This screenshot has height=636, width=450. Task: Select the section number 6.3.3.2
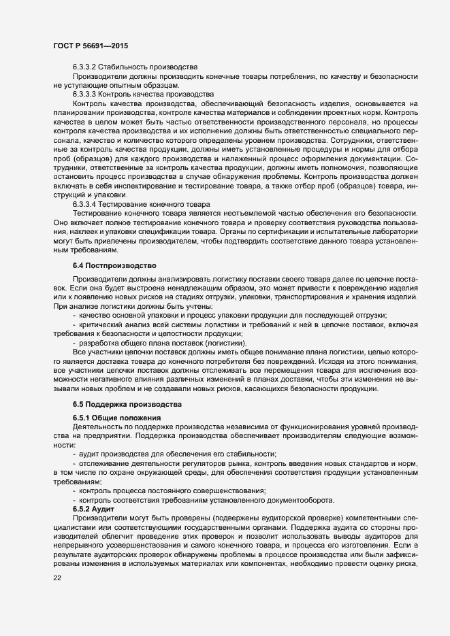(x=86, y=67)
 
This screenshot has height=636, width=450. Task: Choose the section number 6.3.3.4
(x=86, y=204)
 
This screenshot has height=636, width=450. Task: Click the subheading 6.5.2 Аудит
(x=93, y=509)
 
